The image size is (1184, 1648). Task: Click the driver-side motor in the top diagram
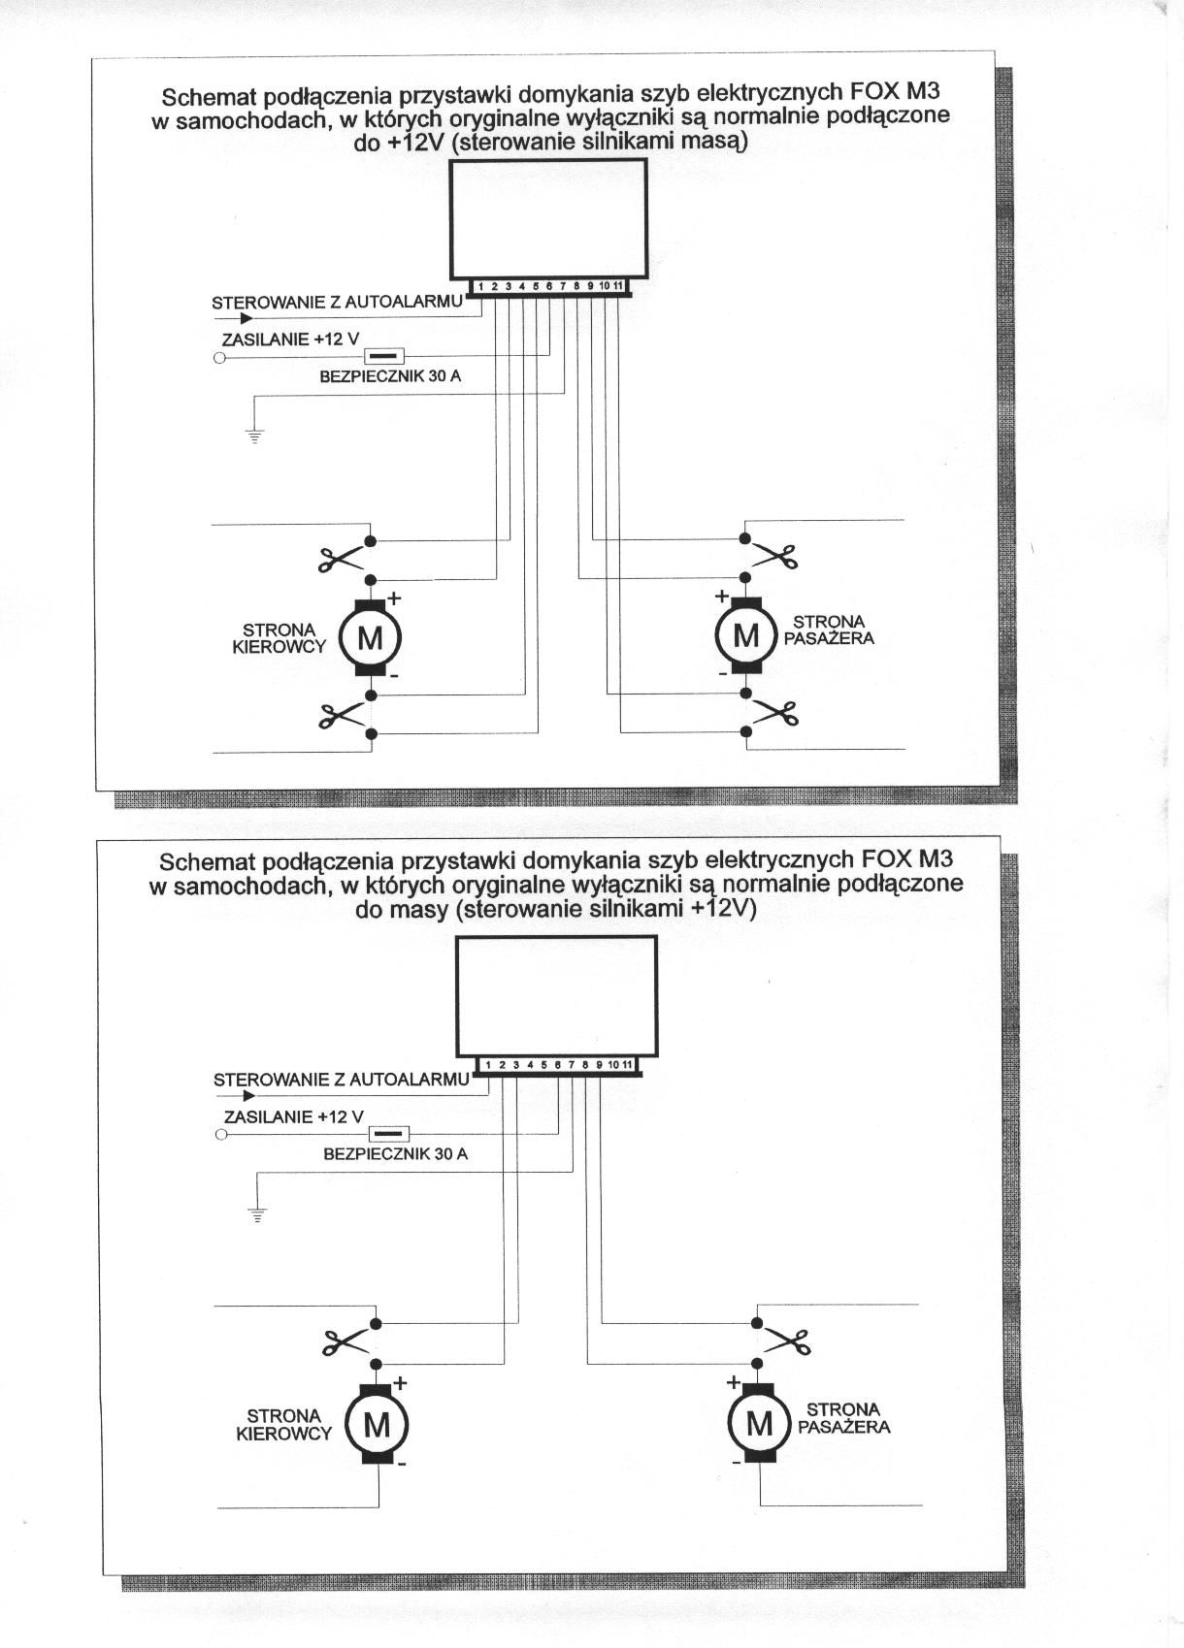(370, 637)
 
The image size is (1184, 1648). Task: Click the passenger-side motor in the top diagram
(745, 635)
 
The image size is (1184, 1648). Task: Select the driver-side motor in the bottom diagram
(377, 1424)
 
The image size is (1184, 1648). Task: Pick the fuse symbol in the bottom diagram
(390, 1134)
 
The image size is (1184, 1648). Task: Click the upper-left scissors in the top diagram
(339, 559)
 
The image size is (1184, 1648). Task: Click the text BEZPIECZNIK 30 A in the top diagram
(390, 376)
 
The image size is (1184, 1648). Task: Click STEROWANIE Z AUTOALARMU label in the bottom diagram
(341, 1080)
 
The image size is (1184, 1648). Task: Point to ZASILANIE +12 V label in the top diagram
(290, 339)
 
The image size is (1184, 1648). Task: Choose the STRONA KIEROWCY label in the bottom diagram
(283, 1424)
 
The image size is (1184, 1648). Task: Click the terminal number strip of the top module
(549, 286)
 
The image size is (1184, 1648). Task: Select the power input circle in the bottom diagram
(221, 1134)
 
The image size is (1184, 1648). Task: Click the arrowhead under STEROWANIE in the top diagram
(247, 317)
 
